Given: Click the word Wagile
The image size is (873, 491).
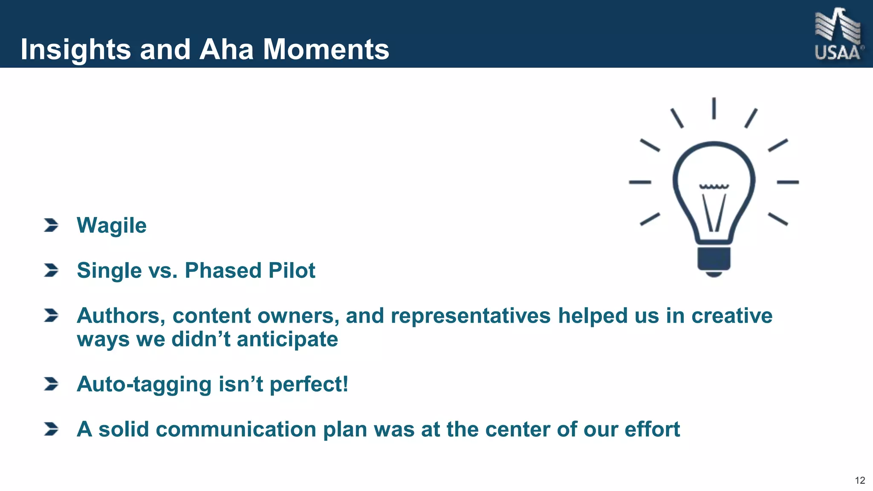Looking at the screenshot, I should (111, 225).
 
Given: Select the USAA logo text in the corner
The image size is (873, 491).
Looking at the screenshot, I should (837, 53).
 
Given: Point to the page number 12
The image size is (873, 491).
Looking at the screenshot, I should (860, 480).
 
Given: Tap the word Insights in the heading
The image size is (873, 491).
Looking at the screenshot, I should (75, 49).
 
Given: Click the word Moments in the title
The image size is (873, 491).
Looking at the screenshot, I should (326, 49).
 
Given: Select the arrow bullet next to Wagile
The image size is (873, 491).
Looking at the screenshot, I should (51, 225).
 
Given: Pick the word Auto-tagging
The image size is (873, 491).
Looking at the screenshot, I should (144, 384).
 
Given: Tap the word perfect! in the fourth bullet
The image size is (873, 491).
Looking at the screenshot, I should (309, 384).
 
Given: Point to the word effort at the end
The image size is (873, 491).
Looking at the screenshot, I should (652, 429).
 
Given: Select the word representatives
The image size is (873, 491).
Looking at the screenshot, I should (470, 316).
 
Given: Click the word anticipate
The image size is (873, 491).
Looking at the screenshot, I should (287, 340).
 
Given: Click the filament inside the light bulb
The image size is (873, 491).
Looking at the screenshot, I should (714, 209).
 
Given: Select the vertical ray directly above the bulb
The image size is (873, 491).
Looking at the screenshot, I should (714, 108).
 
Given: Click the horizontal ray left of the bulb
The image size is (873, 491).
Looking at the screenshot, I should (640, 182).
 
